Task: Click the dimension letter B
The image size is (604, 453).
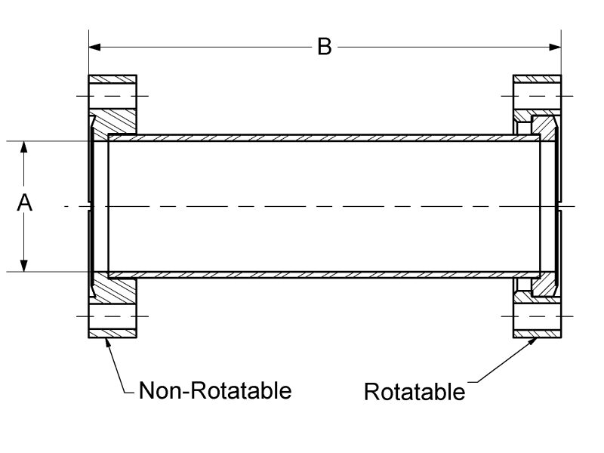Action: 324,47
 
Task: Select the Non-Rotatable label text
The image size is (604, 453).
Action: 215,390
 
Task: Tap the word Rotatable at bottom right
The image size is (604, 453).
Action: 414,392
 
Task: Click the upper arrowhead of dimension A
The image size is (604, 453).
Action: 25,146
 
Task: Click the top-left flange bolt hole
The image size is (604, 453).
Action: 113,96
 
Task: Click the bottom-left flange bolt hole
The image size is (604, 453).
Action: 113,316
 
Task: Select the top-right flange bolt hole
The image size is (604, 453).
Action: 537,96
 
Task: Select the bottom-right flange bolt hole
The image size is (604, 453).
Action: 537,316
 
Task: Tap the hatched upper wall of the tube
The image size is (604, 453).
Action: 325,138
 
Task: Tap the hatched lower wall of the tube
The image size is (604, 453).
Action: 325,274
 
